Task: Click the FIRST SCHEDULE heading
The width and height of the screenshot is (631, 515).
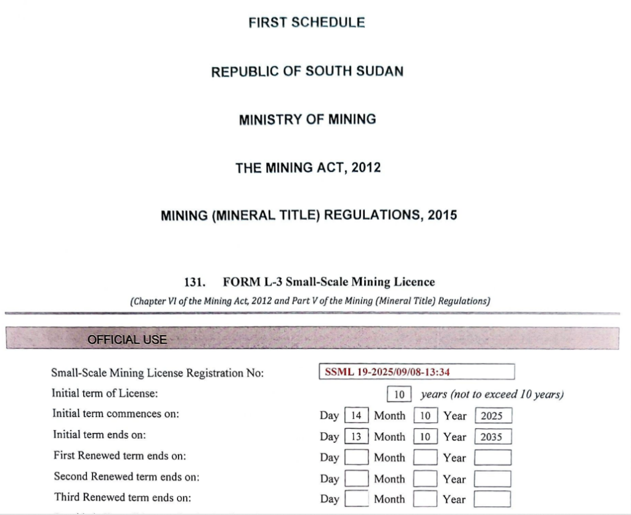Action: coord(306,23)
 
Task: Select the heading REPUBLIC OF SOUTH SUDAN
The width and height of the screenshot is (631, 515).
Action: coord(307,71)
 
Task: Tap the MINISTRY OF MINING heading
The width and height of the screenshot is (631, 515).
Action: coord(307,120)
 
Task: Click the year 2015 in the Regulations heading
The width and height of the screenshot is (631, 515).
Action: coord(441,216)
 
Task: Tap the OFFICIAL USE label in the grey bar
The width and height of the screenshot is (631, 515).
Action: coord(127,339)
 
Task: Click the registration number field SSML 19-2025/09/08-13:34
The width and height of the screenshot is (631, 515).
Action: coord(417,373)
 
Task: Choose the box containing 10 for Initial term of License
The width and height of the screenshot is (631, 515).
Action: coord(399,394)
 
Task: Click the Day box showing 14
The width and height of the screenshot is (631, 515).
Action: coord(356,416)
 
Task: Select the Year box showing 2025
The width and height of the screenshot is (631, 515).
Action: coord(492,416)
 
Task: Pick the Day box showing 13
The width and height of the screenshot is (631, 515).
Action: coord(356,437)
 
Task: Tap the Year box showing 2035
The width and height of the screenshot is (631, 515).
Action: coord(492,437)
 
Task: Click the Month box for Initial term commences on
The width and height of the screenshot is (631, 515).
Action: coord(425,416)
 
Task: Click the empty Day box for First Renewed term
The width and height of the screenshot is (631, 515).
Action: coord(356,458)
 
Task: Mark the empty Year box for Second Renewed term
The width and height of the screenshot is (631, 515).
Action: coord(492,479)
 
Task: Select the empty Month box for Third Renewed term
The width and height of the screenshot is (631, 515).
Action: coord(425,499)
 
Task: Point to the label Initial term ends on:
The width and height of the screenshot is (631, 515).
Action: coord(99,435)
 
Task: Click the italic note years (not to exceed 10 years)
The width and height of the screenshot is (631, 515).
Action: coord(492,394)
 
